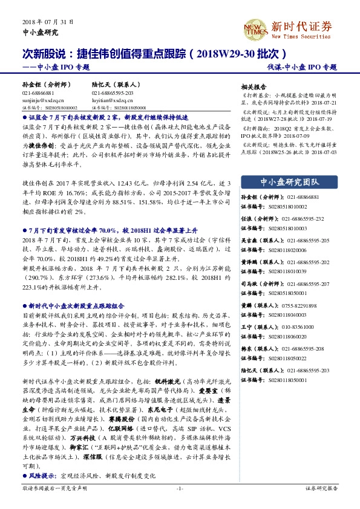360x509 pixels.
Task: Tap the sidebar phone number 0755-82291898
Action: [290, 306]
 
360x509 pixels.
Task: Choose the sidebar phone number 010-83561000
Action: [287, 327]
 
